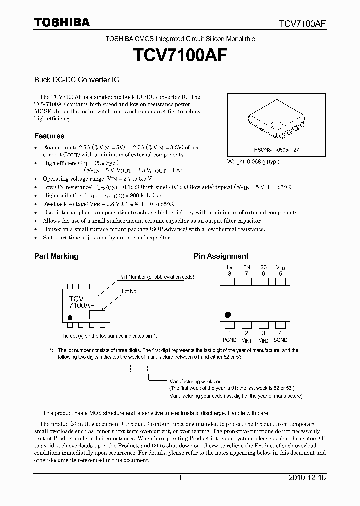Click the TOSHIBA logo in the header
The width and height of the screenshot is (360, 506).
tap(62, 22)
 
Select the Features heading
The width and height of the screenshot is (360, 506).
tap(49, 136)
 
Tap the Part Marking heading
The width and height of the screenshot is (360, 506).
tap(56, 256)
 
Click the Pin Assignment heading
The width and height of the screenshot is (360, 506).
tap(221, 256)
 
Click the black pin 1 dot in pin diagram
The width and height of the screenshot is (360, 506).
tap(228, 315)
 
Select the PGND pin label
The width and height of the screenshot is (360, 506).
tap(230, 340)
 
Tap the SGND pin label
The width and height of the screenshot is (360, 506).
tap(280, 340)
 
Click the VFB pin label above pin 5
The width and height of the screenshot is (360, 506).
tap(280, 268)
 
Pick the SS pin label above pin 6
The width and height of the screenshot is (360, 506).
tap(263, 268)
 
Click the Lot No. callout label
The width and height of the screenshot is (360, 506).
tap(130, 291)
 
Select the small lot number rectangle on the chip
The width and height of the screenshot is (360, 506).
tap(97, 315)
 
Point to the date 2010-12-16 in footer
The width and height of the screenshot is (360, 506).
tap(307, 478)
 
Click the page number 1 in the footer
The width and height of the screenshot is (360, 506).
tap(180, 478)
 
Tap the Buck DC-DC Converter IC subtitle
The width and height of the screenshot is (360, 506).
tap(76, 79)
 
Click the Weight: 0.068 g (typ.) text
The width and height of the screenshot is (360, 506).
tap(253, 162)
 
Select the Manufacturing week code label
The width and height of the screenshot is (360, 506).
tap(197, 381)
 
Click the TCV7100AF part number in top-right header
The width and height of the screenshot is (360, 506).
tap(302, 23)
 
